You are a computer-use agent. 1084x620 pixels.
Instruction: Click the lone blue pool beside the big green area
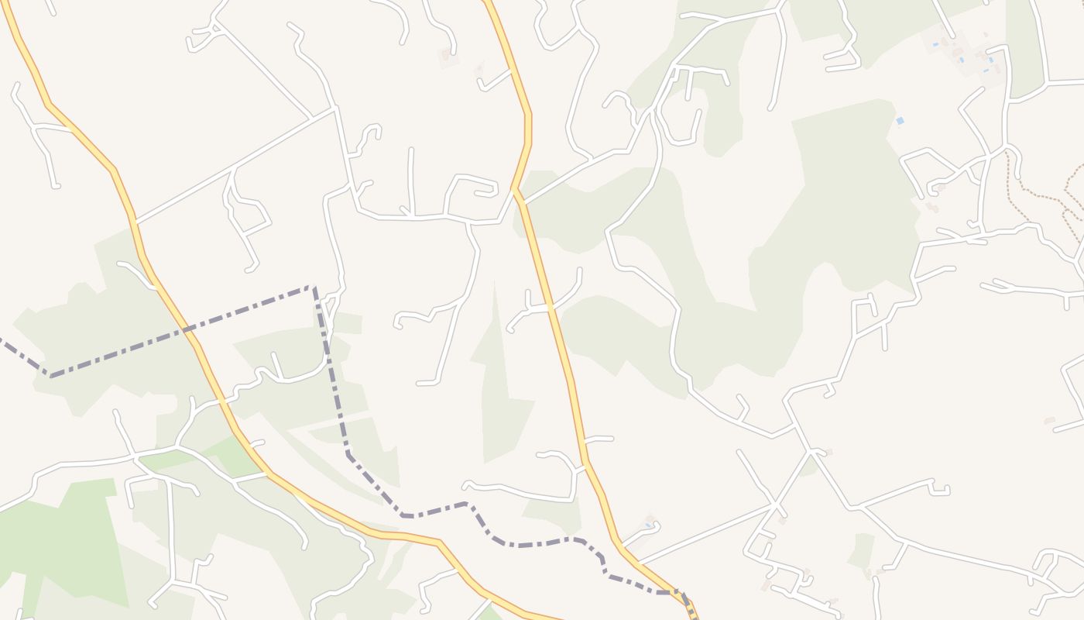(900, 121)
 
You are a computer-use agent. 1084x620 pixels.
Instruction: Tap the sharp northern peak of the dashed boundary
(314, 288)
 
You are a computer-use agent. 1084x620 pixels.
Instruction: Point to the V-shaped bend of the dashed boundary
(50, 376)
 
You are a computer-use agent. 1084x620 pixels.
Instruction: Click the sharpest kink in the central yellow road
(515, 188)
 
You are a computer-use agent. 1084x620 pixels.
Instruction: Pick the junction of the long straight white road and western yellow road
(135, 222)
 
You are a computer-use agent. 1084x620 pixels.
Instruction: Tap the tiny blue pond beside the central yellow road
(647, 525)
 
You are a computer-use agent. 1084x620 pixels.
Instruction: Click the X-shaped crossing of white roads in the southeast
(775, 505)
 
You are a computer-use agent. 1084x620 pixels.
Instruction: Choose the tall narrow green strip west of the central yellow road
(499, 387)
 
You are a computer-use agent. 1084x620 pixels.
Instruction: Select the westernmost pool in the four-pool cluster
(935, 45)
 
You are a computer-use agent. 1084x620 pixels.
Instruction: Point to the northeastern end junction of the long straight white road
(334, 108)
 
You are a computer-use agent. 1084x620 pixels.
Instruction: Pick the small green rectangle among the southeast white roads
(861, 549)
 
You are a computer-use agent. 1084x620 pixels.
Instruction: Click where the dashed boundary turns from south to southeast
(348, 454)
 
